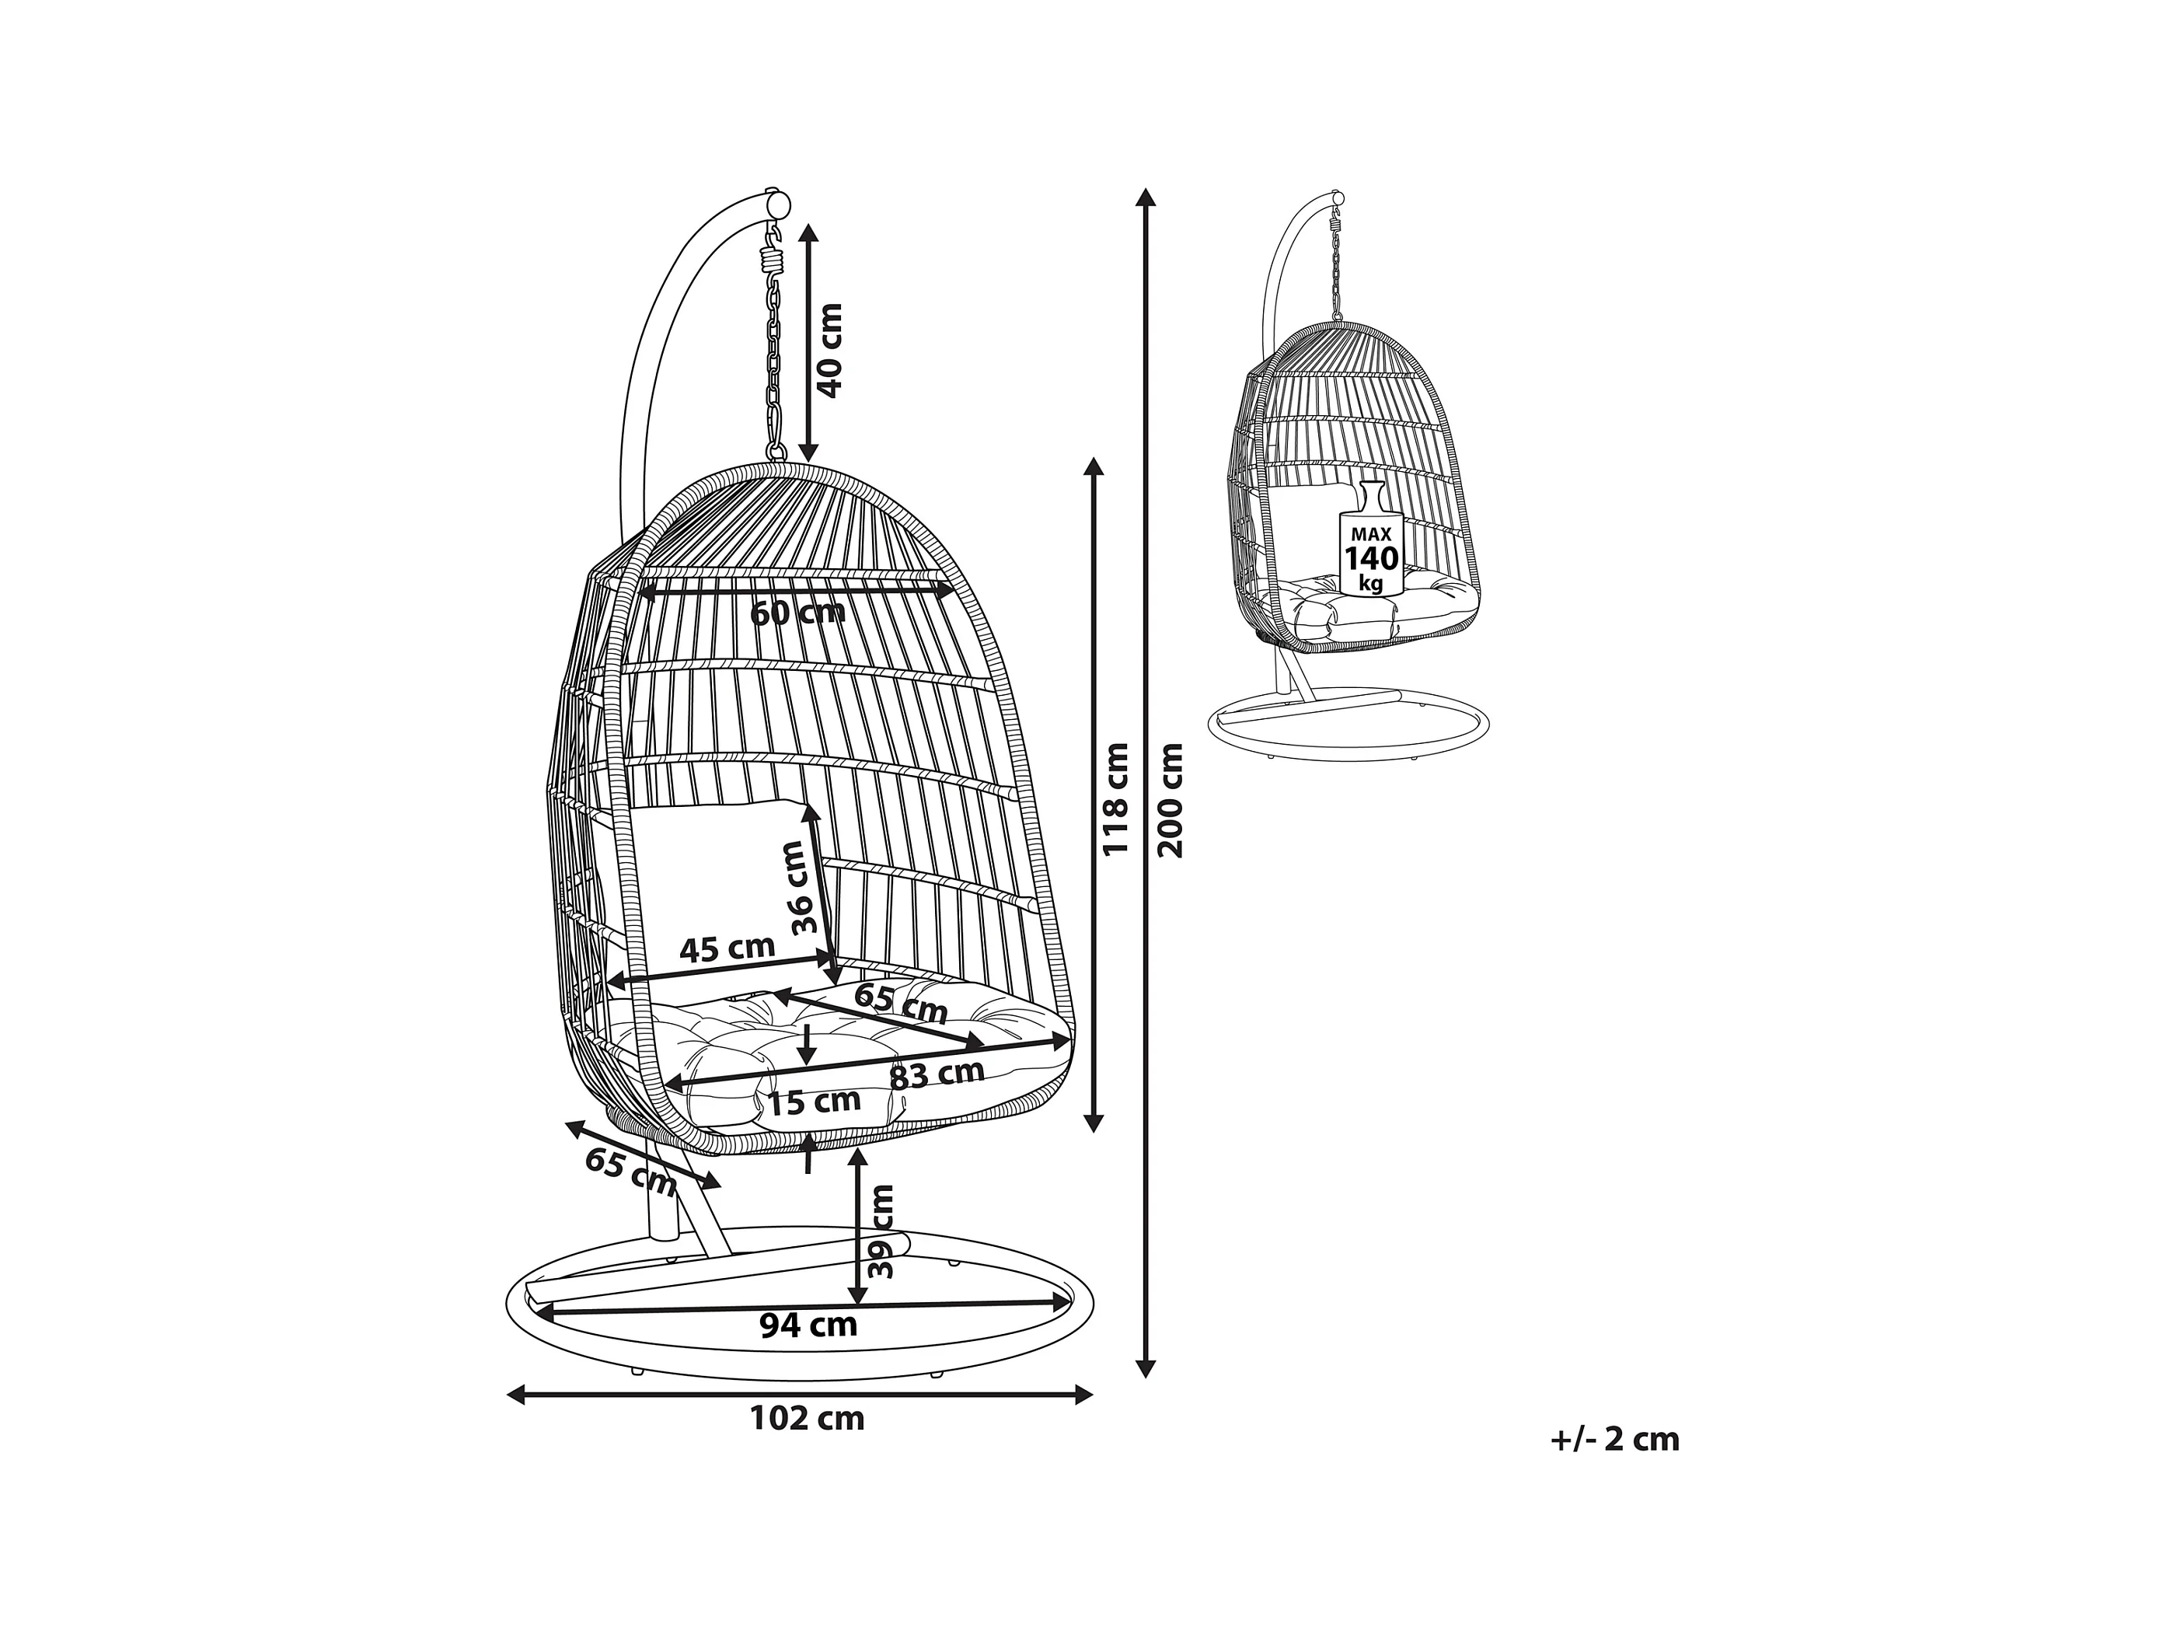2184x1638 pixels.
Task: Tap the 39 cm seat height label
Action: coord(881,1231)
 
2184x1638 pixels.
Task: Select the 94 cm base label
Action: coord(808,1324)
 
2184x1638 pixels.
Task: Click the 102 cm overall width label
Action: coord(807,1419)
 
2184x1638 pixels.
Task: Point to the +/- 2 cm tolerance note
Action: coord(1614,1438)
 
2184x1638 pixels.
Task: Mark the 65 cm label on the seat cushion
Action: coord(901,1004)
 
